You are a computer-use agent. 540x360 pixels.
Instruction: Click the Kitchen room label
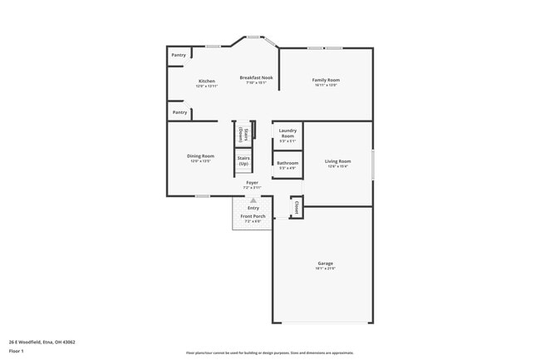[x=207, y=81]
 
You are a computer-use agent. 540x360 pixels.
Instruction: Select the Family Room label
[x=326, y=80]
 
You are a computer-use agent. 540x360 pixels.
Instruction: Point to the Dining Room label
[x=200, y=155]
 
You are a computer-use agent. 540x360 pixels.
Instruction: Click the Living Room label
[x=337, y=161]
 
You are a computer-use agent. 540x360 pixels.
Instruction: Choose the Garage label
[x=325, y=264]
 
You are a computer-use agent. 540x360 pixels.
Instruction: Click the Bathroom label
[x=287, y=163]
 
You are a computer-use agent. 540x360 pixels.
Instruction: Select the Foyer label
[x=252, y=182]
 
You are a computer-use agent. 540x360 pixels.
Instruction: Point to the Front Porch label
[x=253, y=216]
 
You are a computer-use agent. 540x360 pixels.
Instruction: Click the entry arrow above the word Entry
[x=253, y=200]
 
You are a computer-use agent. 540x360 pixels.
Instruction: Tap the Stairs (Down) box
[x=241, y=134]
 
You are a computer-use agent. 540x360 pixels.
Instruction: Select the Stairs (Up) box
[x=243, y=160]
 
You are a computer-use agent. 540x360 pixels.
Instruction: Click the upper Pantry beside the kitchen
[x=179, y=56]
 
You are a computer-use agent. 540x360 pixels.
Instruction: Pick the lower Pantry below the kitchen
[x=179, y=111]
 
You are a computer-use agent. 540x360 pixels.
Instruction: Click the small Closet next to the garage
[x=296, y=207]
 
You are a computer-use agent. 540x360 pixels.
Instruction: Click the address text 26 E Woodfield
[x=42, y=342]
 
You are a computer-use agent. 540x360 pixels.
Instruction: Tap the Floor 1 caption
[x=17, y=351]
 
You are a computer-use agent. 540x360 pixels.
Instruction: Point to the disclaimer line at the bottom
[x=270, y=353]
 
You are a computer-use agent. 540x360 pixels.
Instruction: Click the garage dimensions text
[x=325, y=269]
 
